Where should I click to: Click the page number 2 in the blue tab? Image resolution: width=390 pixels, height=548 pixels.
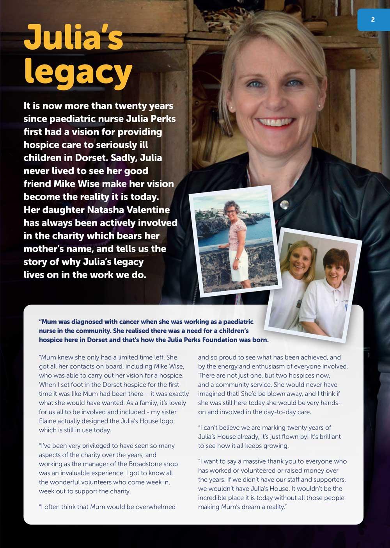(x=373, y=19)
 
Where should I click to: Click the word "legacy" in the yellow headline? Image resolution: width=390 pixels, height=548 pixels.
(x=78, y=72)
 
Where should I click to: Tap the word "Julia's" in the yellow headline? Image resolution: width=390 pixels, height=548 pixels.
(x=73, y=37)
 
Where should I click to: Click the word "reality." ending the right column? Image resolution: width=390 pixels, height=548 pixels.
(x=275, y=507)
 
